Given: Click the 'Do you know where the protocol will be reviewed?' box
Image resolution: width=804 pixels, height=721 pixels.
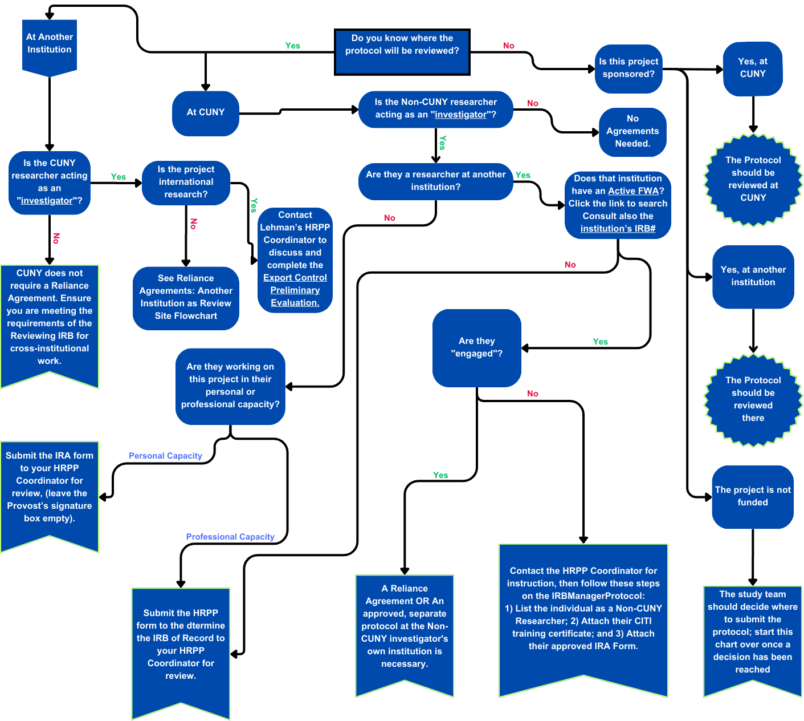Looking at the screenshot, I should click(402, 51).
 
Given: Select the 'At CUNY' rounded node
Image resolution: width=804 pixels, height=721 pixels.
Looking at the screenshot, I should click(206, 113).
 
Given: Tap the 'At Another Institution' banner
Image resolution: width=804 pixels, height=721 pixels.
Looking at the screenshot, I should click(50, 44).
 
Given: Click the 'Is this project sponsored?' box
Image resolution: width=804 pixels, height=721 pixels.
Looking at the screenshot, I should click(628, 68).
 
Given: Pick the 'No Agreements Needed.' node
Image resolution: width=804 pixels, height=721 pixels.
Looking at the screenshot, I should click(632, 131).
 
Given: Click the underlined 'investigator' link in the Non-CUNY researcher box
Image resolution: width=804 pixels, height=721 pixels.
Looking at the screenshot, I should click(460, 115).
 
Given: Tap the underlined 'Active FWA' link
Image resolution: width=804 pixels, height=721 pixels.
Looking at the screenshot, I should click(633, 191).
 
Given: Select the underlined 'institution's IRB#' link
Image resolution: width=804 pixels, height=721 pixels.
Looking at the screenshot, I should click(618, 229).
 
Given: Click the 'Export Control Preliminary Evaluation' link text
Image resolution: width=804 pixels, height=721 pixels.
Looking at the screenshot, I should click(295, 290).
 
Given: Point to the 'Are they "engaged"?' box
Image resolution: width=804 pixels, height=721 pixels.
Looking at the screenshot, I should click(477, 347).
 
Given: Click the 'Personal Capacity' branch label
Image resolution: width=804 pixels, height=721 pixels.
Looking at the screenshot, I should click(165, 456).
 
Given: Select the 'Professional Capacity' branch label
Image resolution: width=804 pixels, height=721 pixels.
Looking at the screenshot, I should click(230, 537).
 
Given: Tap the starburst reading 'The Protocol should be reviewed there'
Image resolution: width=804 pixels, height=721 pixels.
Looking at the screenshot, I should click(753, 399).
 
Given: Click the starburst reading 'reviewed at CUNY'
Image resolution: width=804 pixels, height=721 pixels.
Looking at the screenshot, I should click(753, 179).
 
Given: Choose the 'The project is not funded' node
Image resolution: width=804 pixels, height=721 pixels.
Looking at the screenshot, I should click(753, 496).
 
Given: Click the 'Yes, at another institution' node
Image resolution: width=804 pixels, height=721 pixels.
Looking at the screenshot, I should click(753, 276).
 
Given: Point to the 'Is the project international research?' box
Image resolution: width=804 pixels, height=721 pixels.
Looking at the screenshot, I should click(186, 182).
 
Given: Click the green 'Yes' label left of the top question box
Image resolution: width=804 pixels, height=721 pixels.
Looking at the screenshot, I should click(292, 46).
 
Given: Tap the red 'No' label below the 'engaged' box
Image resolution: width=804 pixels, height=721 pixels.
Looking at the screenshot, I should click(532, 394).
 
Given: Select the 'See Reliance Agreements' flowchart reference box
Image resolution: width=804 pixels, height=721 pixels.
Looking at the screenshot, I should click(186, 297).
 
